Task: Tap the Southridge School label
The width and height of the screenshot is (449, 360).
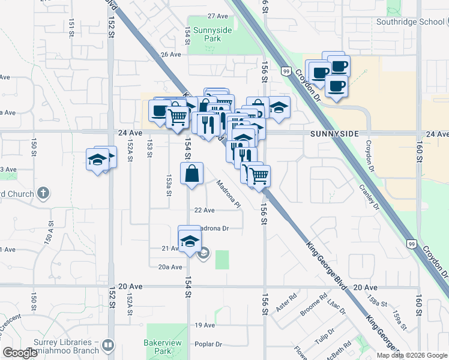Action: pyautogui.click(x=410, y=22)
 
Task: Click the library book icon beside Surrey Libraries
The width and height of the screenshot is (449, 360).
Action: pyautogui.click(x=107, y=346)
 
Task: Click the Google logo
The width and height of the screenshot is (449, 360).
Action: pyautogui.click(x=20, y=353)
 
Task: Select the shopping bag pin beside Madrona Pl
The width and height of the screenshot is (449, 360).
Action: pyautogui.click(x=191, y=175)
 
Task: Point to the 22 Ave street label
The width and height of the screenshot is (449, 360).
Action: pyautogui.click(x=204, y=210)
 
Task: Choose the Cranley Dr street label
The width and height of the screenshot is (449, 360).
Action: pyautogui.click(x=369, y=197)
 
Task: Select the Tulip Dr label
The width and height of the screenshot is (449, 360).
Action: pyautogui.click(x=327, y=335)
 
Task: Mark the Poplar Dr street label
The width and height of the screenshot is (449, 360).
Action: pyautogui.click(x=208, y=344)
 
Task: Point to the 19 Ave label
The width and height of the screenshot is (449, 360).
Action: pyautogui.click(x=205, y=325)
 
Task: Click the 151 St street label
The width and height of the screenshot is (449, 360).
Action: pyautogui.click(x=71, y=27)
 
